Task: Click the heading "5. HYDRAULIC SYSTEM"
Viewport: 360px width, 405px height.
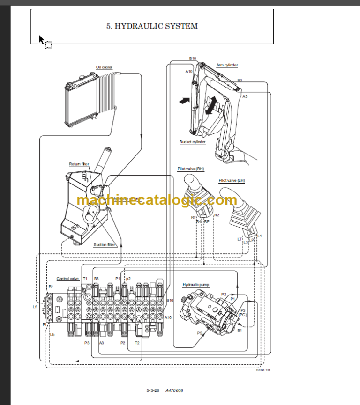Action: (x=152, y=26)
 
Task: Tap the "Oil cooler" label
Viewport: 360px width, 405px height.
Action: (x=104, y=67)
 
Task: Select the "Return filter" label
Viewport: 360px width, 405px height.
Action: (x=79, y=164)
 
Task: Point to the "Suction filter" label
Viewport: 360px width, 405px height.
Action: (x=104, y=245)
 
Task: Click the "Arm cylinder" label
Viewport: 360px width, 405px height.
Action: (x=227, y=65)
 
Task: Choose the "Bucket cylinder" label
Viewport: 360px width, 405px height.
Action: (x=192, y=142)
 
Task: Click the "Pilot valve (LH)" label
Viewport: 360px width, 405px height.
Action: (x=232, y=180)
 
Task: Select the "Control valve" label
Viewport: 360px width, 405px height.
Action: (x=67, y=279)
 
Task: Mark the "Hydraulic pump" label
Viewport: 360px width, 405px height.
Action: (x=196, y=285)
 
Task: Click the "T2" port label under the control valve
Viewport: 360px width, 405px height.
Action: (x=137, y=343)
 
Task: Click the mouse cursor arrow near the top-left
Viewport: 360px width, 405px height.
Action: (x=41, y=39)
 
